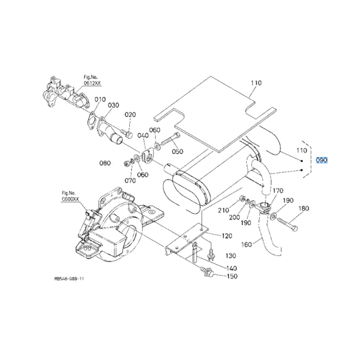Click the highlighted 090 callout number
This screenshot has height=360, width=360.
[x=321, y=160]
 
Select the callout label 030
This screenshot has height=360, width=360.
[x=113, y=105]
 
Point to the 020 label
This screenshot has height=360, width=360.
[x=130, y=115]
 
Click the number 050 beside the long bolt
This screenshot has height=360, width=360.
[x=177, y=152]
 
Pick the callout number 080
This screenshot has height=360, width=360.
[x=105, y=163]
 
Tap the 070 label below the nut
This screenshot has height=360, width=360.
[x=130, y=181]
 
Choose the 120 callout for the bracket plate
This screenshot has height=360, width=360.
[x=227, y=236]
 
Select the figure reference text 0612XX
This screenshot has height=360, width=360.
[x=93, y=83]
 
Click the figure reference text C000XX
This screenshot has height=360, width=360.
[x=71, y=198]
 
